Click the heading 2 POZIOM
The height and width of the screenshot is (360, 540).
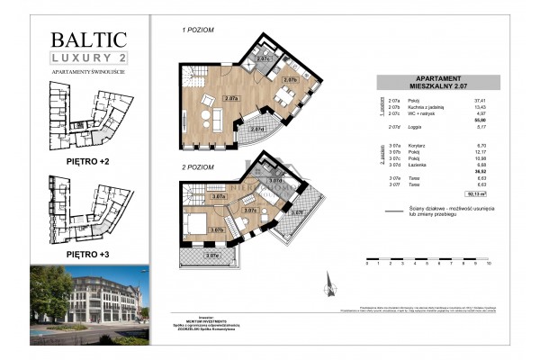click(198, 167)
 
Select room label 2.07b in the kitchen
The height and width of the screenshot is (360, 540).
click(290, 80)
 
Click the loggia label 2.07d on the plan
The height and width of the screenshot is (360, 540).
click(257, 129)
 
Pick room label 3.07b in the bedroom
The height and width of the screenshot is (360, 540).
click(217, 230)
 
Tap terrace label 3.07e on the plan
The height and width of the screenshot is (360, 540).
click(212, 256)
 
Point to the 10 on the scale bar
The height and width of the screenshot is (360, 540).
click(488, 267)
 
